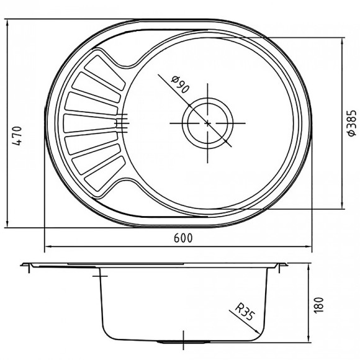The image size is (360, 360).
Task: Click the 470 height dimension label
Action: (x=17, y=136)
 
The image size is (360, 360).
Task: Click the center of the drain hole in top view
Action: (x=207, y=122)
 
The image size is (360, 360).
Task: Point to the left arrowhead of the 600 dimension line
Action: (x=47, y=247)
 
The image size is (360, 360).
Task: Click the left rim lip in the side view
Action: (x=27, y=266)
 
